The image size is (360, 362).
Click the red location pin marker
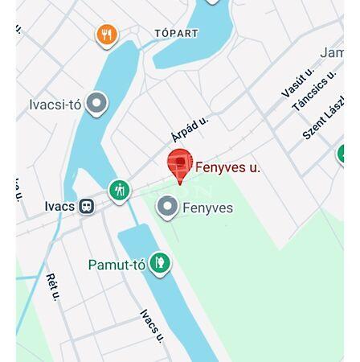coord(179,165)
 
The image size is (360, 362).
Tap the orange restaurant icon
coord(107,35)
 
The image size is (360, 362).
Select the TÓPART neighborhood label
coord(176,33)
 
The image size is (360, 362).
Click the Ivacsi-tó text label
coord(55,105)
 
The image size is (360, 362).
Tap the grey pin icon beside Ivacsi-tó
coord(96,103)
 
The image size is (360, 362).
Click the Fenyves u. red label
coord(227,167)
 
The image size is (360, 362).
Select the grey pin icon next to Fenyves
coord(167,208)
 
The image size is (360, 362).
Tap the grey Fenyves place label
coord(207,208)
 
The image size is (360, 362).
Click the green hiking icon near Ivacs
coord(119,191)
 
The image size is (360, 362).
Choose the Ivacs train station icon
coord(86,207)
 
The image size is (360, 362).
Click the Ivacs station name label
coord(59,207)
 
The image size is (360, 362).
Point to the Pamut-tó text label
coord(117,265)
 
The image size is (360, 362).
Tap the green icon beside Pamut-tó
coord(160,263)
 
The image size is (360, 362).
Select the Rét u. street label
coord(53,287)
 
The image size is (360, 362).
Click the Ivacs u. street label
coord(152,325)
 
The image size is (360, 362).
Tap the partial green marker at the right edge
coord(341,154)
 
